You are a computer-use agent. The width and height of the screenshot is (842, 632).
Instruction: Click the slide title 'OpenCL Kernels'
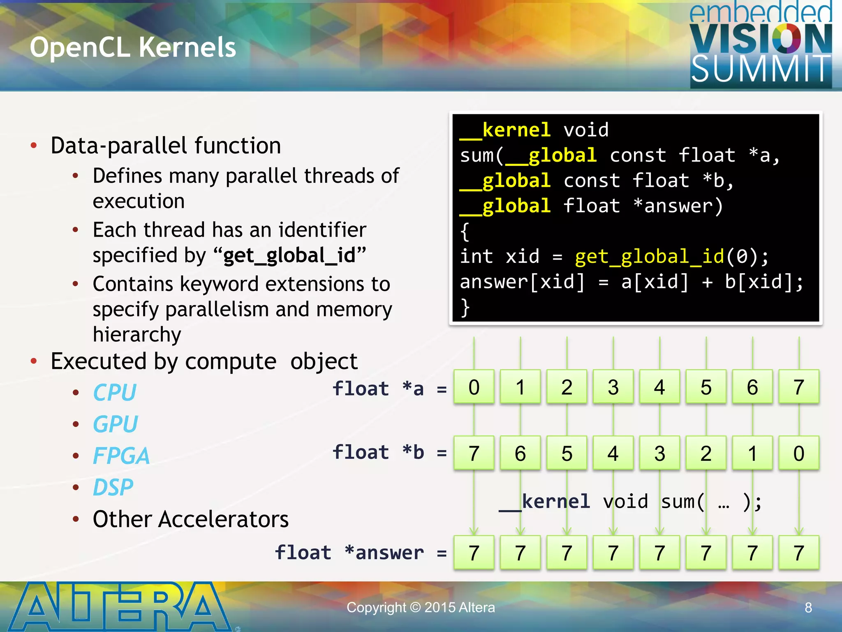(133, 47)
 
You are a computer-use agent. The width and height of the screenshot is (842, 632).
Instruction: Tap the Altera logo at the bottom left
(119, 606)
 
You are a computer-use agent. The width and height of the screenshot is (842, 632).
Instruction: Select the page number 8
(808, 607)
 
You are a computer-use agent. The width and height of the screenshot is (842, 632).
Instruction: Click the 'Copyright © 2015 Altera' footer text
(421, 607)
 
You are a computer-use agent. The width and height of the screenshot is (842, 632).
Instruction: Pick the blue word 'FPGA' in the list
(121, 455)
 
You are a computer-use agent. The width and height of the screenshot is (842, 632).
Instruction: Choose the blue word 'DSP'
(113, 487)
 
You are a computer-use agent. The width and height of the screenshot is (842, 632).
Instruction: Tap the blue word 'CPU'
(115, 392)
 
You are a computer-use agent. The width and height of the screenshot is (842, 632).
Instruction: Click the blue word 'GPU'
(116, 424)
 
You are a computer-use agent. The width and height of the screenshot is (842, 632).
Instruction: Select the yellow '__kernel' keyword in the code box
(506, 130)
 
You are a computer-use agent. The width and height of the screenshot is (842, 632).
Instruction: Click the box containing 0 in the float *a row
(474, 387)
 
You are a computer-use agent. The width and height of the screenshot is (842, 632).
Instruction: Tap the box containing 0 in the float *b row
(799, 453)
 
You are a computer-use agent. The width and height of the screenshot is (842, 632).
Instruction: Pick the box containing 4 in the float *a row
(659, 387)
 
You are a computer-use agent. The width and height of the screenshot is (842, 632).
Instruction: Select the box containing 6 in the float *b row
(520, 453)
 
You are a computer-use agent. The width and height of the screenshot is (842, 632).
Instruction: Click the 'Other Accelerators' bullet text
(191, 519)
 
